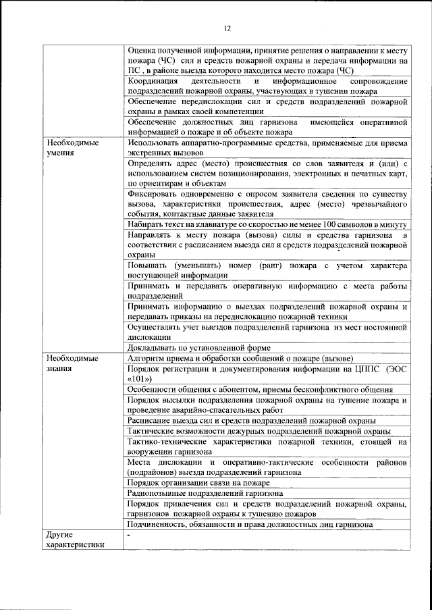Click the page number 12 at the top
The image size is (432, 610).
pyautogui.click(x=227, y=28)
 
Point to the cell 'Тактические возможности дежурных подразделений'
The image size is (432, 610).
pyautogui.click(x=259, y=431)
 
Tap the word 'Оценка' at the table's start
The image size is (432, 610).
pyautogui.click(x=142, y=50)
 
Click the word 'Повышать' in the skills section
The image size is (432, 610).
pyautogui.click(x=148, y=265)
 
